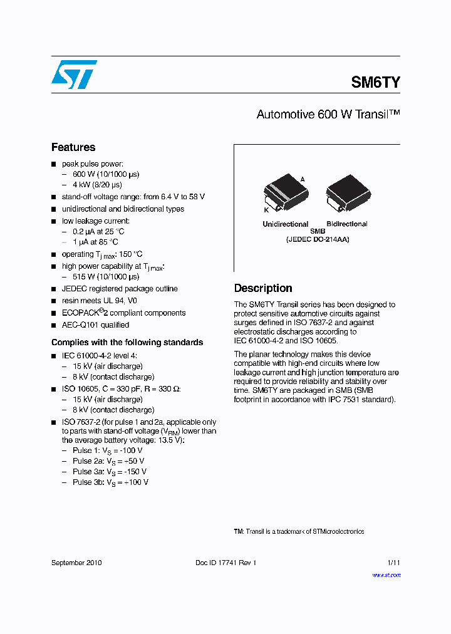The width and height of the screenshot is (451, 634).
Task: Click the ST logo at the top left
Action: pos(74,75)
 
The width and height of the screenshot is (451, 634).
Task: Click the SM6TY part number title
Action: pos(375,82)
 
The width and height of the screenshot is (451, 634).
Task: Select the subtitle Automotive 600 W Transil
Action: pos(328,115)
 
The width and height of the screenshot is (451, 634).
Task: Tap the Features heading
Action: pos(73,147)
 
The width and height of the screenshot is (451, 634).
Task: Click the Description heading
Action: pos(263,288)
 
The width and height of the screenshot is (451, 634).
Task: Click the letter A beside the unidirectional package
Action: pos(303,179)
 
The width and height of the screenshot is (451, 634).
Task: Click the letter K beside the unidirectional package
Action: pos(266,210)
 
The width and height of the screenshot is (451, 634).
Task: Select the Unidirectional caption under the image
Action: pos(285,224)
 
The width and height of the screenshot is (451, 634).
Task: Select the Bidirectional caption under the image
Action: pos(346,224)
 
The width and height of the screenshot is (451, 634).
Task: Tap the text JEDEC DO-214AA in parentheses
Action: pos(318,239)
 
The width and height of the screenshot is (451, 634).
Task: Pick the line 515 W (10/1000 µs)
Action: pos(106,276)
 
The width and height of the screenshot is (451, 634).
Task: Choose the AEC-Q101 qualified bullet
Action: pos(95,325)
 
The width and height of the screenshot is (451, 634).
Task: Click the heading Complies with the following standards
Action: pos(127,342)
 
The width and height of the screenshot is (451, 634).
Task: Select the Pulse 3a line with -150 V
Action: pos(110,471)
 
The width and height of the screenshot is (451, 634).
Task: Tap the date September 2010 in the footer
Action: pos(76,563)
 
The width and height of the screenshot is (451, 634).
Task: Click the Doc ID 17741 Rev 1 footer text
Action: pos(225,563)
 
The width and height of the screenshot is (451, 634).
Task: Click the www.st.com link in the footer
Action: pos(386,574)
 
